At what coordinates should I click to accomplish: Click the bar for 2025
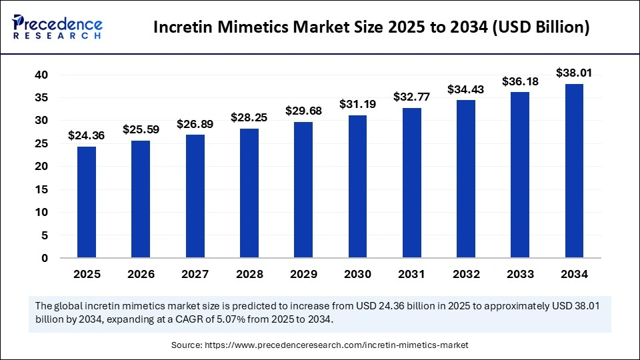pos(87,202)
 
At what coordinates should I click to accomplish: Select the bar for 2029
pos(303,189)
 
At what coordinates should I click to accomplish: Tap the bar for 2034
pos(574,171)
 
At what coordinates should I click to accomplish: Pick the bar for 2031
pos(411,183)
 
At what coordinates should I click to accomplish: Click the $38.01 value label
pos(574,73)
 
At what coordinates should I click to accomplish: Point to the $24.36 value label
pos(87,135)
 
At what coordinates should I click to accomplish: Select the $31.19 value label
pos(357,104)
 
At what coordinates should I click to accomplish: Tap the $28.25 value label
pos(249,117)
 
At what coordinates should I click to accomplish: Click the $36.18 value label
pos(520,81)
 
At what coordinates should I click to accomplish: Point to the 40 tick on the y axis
pos(41,75)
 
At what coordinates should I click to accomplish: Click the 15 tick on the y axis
pos(41,189)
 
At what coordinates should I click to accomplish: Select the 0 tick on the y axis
pos(45,258)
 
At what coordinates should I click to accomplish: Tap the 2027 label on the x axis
pos(195,274)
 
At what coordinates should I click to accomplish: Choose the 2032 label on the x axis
pos(465,274)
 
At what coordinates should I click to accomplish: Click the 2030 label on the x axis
pos(357,274)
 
